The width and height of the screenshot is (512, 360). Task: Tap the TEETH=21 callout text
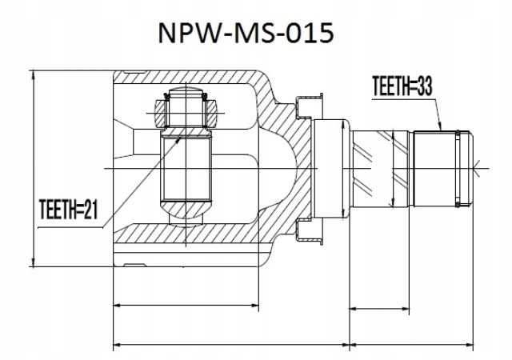[68, 210]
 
